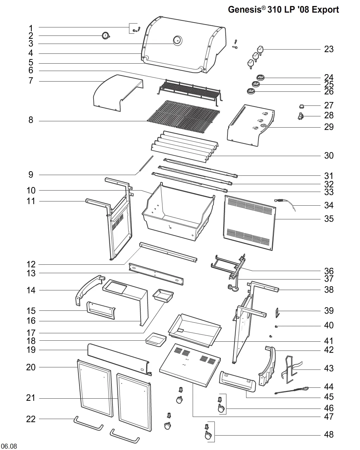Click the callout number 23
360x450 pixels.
point(328,50)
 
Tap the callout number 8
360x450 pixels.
point(31,121)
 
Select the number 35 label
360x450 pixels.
point(328,219)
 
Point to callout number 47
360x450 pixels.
point(328,417)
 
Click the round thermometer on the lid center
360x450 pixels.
point(177,40)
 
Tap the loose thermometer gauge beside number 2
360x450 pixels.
point(105,36)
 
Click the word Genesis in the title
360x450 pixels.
point(244,9)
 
